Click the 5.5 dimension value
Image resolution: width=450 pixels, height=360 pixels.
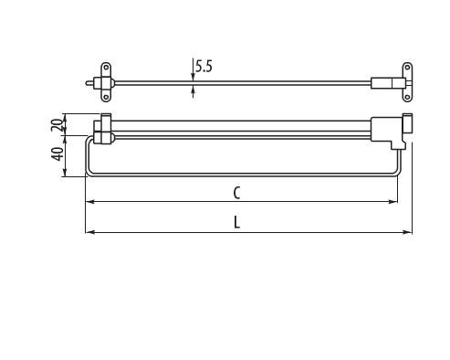pos(204,67)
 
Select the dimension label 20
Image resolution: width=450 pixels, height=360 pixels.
pos(57,124)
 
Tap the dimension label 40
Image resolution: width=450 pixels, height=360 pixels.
pos(58,154)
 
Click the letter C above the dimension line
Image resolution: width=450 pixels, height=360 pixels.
pos(236,193)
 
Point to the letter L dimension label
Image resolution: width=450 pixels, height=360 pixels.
pos(237,222)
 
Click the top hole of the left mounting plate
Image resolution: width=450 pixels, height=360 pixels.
pos(106,68)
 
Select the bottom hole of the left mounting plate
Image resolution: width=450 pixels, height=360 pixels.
pos(106,97)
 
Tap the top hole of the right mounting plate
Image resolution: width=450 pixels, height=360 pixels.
pos(407,68)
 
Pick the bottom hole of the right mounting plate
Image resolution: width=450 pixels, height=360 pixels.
pos(407,98)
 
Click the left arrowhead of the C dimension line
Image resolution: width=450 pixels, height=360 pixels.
pos(89,202)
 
